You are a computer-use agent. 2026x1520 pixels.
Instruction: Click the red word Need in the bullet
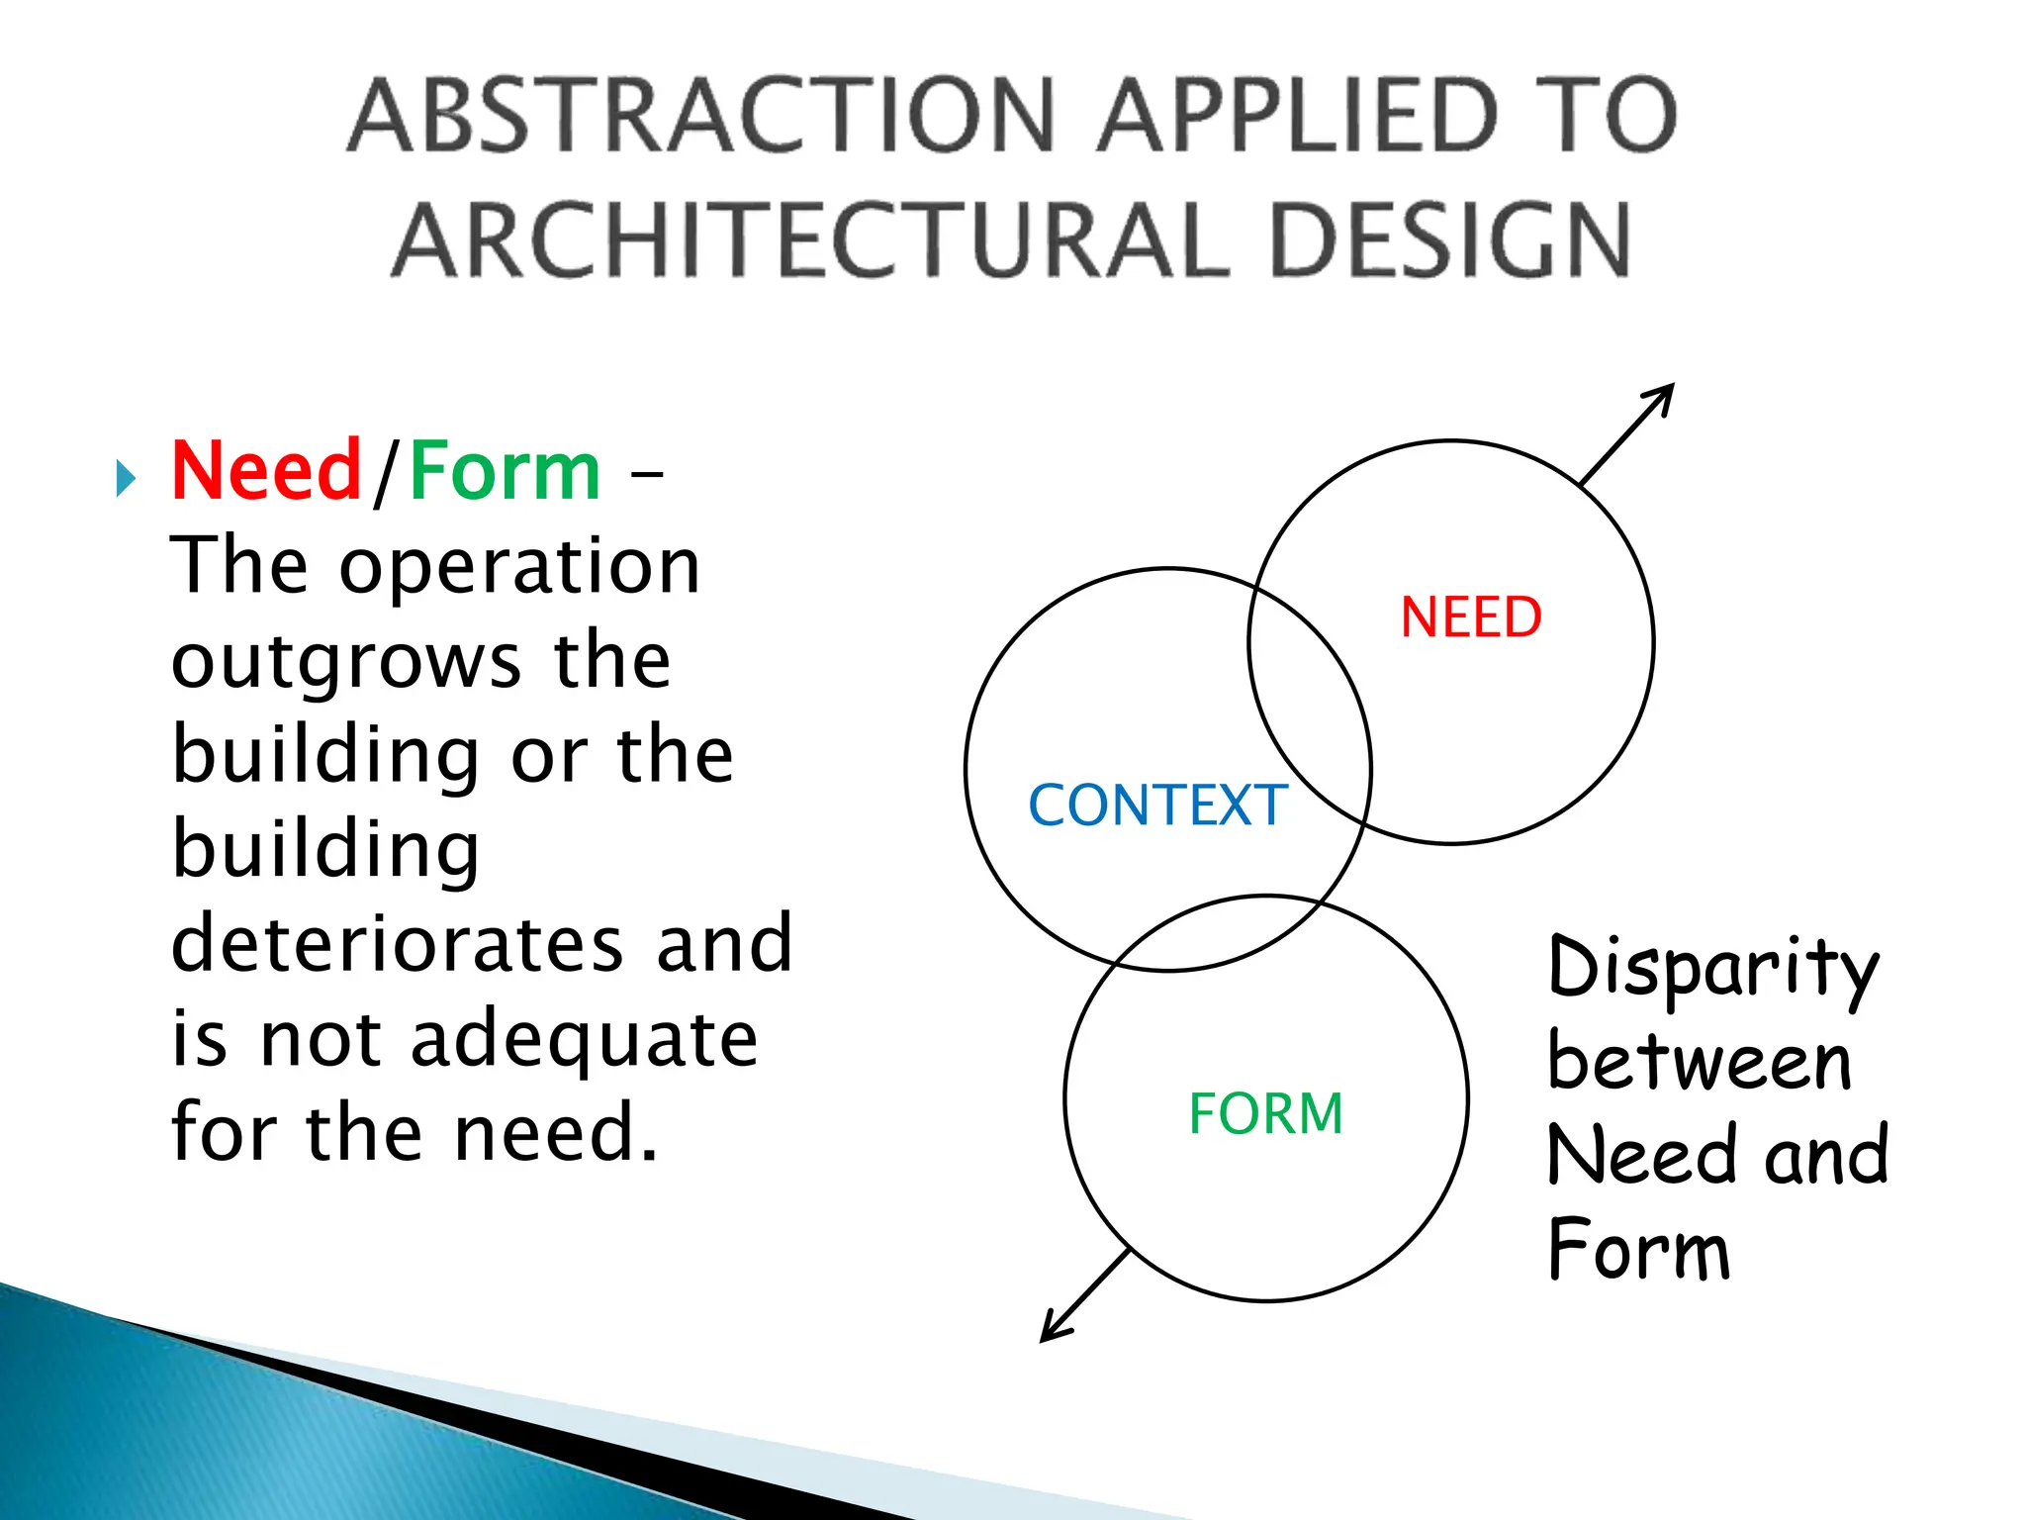click(265, 472)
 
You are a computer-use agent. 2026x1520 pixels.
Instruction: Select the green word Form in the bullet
click(505, 472)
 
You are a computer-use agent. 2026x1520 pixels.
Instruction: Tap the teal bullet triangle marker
click(125, 479)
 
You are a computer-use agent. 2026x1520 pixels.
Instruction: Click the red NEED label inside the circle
click(1471, 617)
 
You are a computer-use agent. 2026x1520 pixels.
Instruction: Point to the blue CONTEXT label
click(1157, 805)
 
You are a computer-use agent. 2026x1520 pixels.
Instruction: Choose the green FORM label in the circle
click(1265, 1113)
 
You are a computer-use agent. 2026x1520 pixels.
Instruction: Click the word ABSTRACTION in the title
click(702, 117)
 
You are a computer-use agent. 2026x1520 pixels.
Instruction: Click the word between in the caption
click(1699, 1062)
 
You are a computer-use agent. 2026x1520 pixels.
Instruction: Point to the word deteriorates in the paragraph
click(397, 943)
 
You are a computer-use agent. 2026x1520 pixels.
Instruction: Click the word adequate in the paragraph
click(584, 1039)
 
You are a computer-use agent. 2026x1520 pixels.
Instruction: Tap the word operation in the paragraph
click(519, 566)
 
